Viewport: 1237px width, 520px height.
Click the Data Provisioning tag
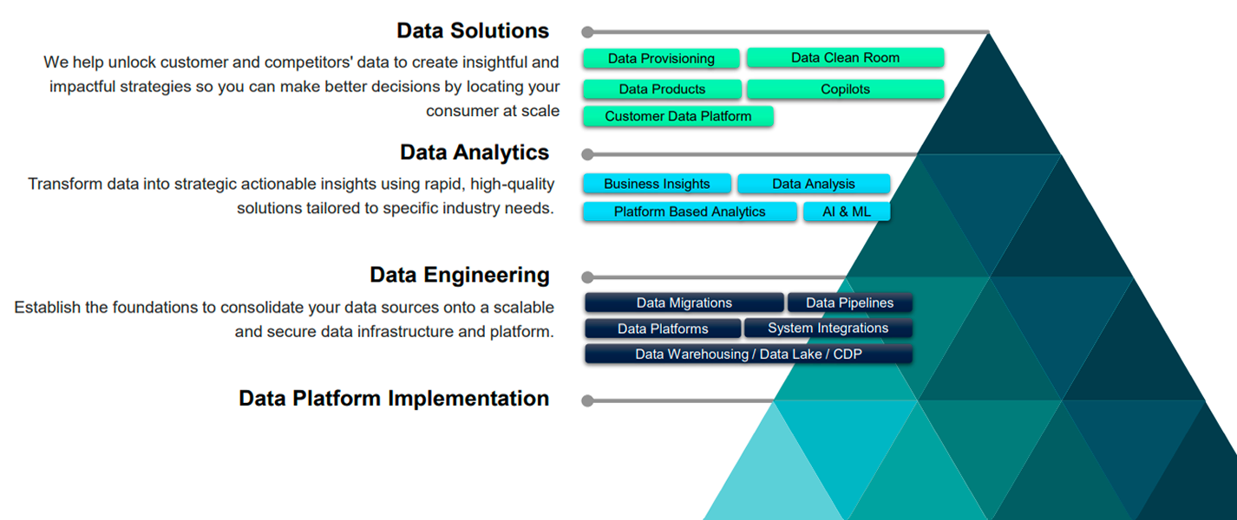pyautogui.click(x=661, y=59)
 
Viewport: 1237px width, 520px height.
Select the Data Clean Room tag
pyautogui.click(x=845, y=58)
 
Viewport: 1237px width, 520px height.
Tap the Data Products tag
pyautogui.click(x=662, y=89)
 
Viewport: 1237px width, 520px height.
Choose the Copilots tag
pyautogui.click(x=845, y=89)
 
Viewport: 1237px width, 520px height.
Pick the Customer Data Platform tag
pyautogui.click(x=677, y=116)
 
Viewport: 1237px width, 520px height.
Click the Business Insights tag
pyautogui.click(x=657, y=184)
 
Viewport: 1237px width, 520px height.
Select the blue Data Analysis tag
pyautogui.click(x=813, y=184)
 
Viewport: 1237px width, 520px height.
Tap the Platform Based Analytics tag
pyautogui.click(x=690, y=211)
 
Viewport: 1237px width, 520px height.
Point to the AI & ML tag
pyautogui.click(x=847, y=211)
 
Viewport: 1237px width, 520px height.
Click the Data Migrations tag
pyautogui.click(x=684, y=302)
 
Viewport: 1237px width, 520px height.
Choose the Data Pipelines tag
pyautogui.click(x=849, y=302)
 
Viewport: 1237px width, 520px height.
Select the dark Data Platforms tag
pyautogui.click(x=663, y=328)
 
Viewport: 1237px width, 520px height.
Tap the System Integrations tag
pyautogui.click(x=828, y=328)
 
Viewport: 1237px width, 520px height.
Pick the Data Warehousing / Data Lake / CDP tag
pyautogui.click(x=748, y=354)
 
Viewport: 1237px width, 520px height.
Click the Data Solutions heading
pyautogui.click(x=473, y=30)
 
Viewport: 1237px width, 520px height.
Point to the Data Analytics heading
pyautogui.click(x=475, y=153)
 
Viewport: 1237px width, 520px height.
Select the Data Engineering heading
pyautogui.click(x=459, y=275)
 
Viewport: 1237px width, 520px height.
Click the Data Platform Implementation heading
pyautogui.click(x=394, y=399)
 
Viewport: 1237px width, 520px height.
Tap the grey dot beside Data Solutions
pyautogui.click(x=587, y=32)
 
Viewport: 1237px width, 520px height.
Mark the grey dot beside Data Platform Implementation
pyautogui.click(x=587, y=400)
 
